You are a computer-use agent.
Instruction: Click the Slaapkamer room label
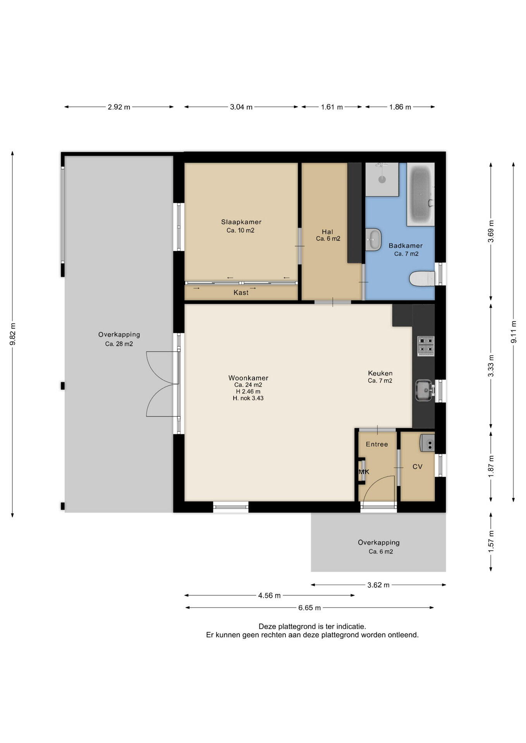click(x=241, y=222)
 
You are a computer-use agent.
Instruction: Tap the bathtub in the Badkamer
click(x=421, y=194)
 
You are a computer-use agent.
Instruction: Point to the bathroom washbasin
click(x=373, y=240)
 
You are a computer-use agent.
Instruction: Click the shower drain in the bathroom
click(x=382, y=179)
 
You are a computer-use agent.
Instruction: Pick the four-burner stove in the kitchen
click(x=426, y=346)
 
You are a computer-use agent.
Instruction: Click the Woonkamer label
click(x=248, y=378)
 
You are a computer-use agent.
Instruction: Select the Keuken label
click(x=380, y=373)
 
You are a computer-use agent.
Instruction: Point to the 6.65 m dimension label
click(x=309, y=608)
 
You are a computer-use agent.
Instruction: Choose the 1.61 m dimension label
click(x=332, y=107)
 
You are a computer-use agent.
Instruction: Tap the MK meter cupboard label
click(x=364, y=472)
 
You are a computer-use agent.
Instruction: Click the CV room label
click(x=417, y=467)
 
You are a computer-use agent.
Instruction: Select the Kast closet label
click(x=241, y=293)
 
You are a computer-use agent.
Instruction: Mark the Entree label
click(x=377, y=444)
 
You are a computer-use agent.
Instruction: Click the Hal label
click(x=328, y=232)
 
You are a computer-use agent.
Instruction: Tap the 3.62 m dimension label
click(x=378, y=585)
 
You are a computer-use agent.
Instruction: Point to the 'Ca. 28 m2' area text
click(x=119, y=344)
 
